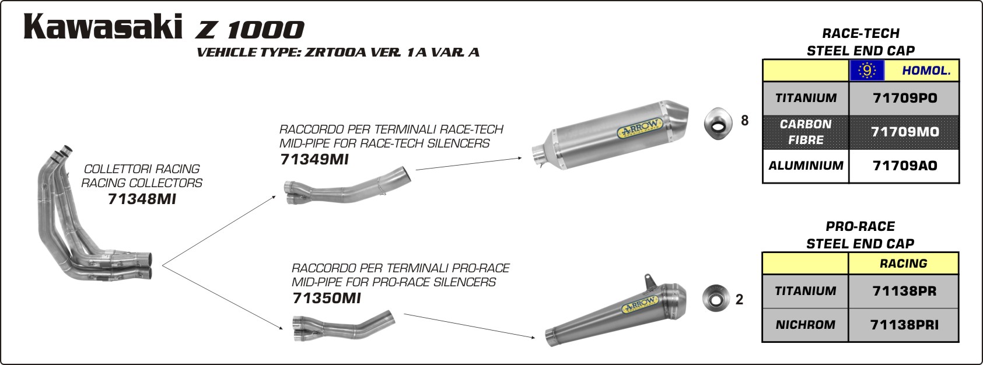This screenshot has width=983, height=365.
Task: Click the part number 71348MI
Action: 142,199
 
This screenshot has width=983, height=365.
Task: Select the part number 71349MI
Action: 314,159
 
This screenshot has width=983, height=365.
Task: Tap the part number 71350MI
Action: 327,299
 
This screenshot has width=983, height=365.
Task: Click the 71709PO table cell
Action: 904,99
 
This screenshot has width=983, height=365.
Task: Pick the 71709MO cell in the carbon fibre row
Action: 904,132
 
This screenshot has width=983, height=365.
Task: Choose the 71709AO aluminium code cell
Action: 904,166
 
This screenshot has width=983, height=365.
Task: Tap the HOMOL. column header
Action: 926,71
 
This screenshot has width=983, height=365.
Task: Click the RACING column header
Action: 904,264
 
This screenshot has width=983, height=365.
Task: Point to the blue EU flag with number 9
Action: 867,71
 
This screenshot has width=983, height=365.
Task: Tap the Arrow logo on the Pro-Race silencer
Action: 641,306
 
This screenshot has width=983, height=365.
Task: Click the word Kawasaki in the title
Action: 103,27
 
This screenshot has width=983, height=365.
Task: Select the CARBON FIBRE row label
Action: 806,132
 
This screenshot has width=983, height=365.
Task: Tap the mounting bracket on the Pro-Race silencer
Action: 648,281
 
